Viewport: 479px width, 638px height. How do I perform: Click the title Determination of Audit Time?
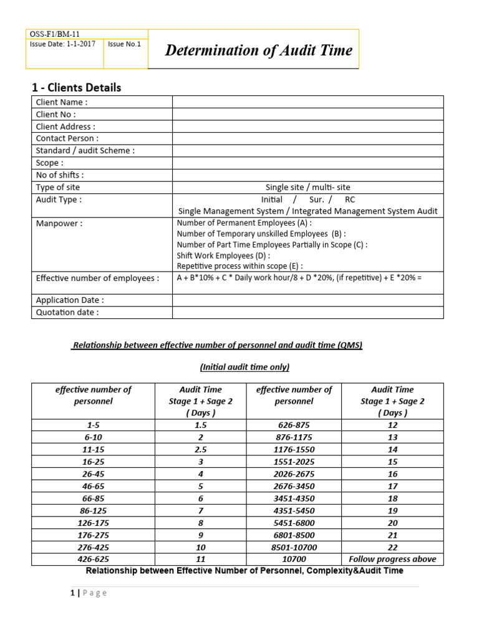(258, 50)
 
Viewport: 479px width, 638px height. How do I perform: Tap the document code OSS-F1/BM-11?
(55, 34)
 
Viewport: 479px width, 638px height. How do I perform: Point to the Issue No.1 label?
(124, 44)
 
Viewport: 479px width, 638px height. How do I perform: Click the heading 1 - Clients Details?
(77, 87)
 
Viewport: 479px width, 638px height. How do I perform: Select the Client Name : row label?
(62, 102)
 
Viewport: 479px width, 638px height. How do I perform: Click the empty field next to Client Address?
(307, 126)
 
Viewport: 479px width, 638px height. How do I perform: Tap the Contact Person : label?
(67, 138)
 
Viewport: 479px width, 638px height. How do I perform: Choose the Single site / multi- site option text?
(307, 187)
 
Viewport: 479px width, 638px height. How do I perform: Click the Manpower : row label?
(59, 223)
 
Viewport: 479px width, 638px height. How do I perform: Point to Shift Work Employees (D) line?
(224, 255)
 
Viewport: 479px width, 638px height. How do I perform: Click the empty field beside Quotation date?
(307, 312)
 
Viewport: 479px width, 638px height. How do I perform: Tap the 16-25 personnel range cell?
(93, 462)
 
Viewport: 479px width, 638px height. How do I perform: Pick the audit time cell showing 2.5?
(200, 449)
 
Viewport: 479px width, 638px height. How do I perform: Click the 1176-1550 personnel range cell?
(294, 449)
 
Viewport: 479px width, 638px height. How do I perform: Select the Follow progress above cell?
(392, 559)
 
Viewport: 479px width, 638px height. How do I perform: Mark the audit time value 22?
(392, 547)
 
